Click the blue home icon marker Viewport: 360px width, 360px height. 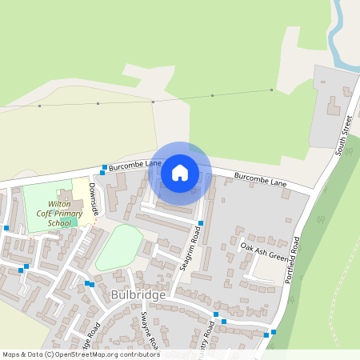(x=180, y=173)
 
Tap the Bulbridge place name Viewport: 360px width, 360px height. (x=139, y=295)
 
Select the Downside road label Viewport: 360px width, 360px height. (x=94, y=198)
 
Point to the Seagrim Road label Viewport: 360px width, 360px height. (x=189, y=249)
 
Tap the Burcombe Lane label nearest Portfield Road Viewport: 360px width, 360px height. (x=260, y=179)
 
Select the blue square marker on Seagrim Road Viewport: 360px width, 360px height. (x=201, y=223)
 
